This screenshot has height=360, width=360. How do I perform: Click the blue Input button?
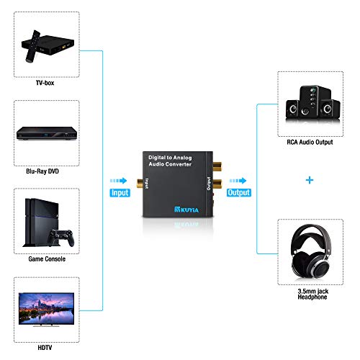click(x=121, y=193)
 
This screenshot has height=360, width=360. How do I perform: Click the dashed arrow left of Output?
click(x=238, y=181)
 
